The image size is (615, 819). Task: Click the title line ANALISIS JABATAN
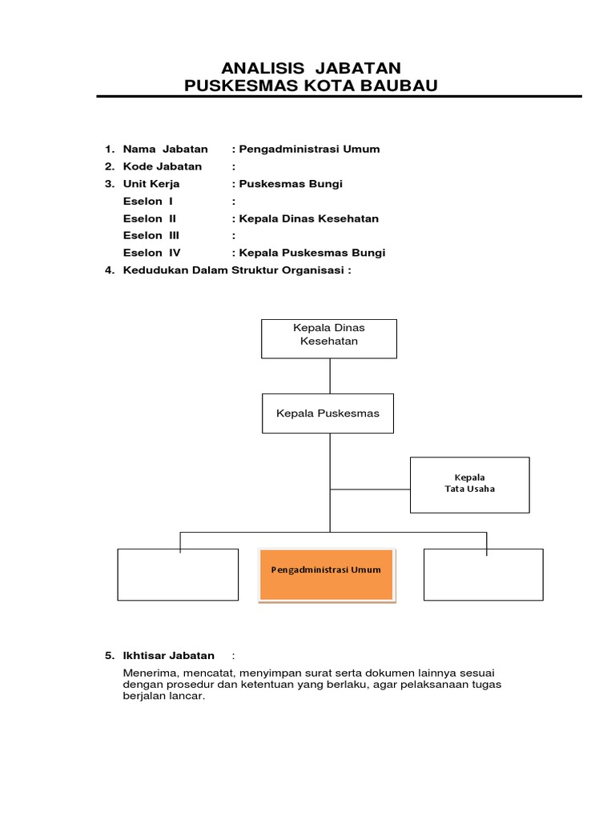(x=311, y=68)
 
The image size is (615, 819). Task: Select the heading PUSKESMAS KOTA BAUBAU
(x=311, y=86)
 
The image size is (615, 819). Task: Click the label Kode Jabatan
(x=163, y=166)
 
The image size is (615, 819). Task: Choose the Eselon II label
(x=150, y=218)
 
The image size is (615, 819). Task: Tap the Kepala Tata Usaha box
(x=469, y=484)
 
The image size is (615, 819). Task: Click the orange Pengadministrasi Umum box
(x=326, y=573)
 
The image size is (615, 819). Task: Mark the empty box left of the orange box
(x=178, y=574)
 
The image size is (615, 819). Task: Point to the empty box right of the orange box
(x=483, y=573)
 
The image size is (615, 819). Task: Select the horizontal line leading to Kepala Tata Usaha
(x=369, y=488)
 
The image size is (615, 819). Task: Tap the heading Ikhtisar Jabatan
(x=168, y=656)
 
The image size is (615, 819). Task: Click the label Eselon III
(x=151, y=235)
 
